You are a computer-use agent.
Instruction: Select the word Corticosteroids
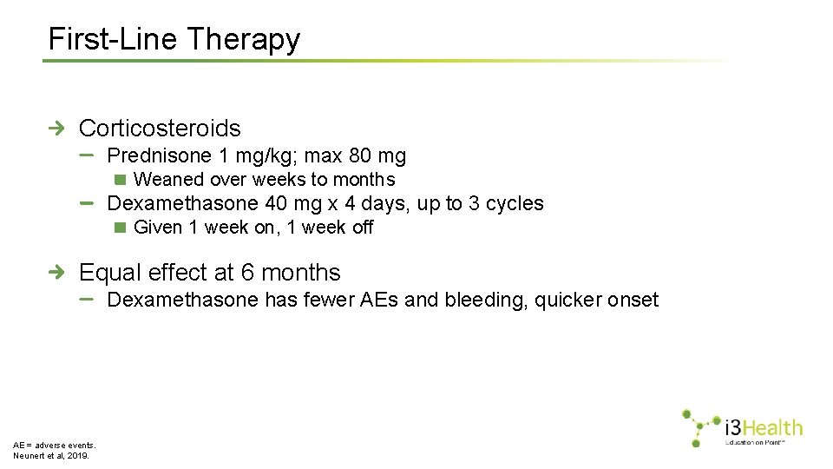tap(160, 129)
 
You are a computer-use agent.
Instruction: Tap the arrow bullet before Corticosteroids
tap(56, 129)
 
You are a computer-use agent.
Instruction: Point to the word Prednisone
tap(159, 156)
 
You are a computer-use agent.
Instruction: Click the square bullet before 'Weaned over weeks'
tap(121, 180)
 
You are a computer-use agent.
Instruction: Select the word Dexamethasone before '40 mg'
tap(182, 204)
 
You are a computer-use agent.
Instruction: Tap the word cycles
tap(515, 204)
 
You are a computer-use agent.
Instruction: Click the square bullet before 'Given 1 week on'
tap(121, 228)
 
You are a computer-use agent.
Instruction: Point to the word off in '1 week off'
tap(362, 228)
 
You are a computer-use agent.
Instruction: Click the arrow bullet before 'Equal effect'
tap(56, 273)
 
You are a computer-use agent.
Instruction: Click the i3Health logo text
tap(763, 427)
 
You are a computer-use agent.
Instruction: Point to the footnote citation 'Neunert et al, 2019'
tap(51, 454)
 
